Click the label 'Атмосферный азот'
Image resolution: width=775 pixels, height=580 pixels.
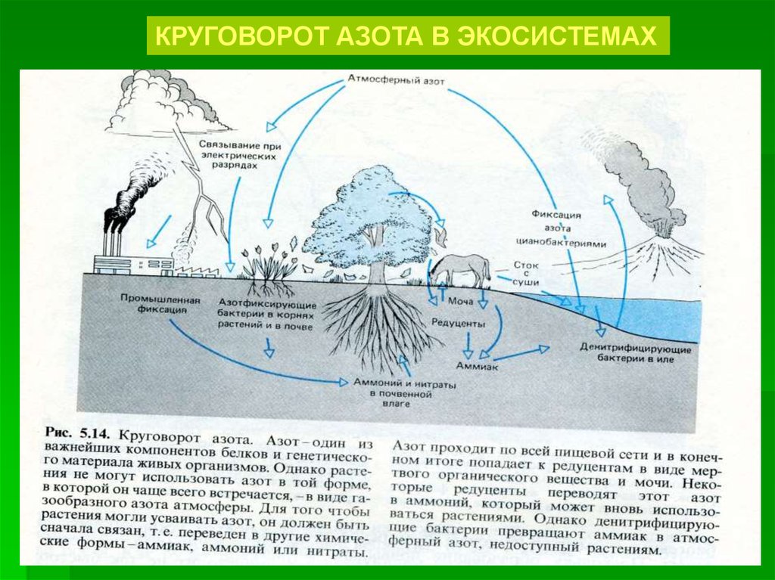[x=396, y=80]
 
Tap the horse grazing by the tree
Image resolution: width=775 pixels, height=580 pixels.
[x=459, y=270]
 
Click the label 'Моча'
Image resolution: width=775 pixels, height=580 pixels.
[x=460, y=301]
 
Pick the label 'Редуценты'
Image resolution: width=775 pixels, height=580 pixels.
[x=458, y=324]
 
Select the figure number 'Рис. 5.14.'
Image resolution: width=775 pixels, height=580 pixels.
[x=79, y=433]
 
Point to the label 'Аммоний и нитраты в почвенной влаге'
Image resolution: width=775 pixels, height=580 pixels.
[x=404, y=394]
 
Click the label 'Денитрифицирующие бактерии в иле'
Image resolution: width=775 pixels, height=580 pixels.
[x=636, y=354]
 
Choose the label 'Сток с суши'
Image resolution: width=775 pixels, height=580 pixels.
[x=525, y=274]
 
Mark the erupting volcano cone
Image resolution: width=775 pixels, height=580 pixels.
[x=658, y=258]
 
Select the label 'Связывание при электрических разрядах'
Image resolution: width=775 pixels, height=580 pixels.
[x=240, y=156]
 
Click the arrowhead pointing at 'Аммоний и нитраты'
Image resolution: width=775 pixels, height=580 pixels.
[x=344, y=382]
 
